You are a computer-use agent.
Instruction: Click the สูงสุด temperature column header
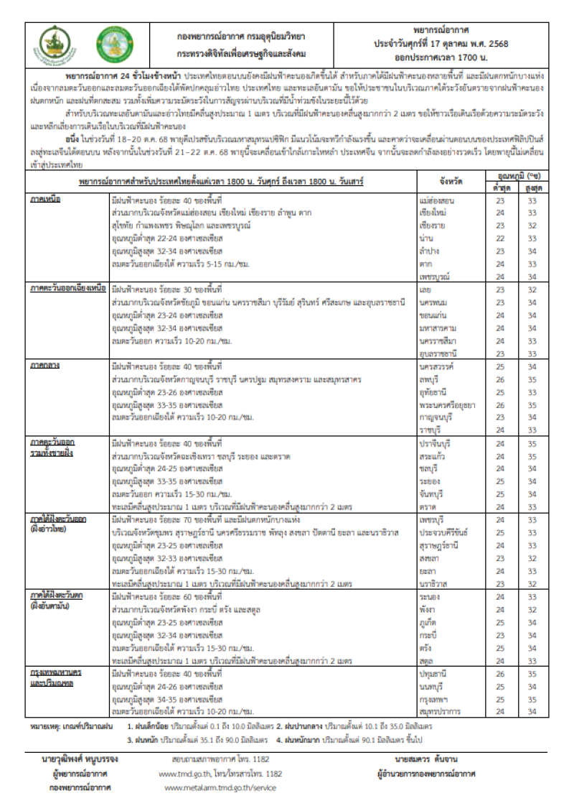[532, 187]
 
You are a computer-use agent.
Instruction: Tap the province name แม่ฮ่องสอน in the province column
[436, 200]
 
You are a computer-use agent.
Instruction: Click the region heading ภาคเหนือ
[45, 200]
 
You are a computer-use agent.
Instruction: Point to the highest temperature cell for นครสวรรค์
[532, 366]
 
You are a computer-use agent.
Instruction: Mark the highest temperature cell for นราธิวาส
[532, 583]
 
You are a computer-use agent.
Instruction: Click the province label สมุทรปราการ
[440, 711]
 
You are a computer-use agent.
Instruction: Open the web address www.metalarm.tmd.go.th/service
[220, 787]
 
